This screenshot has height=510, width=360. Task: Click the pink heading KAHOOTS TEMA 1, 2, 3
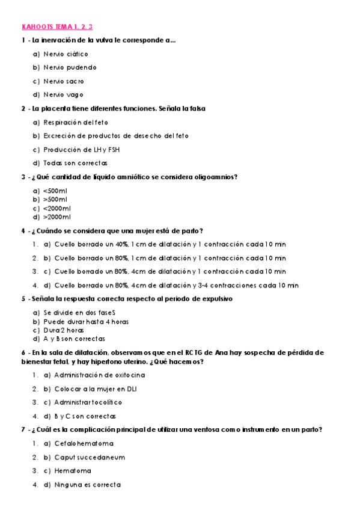pos(57,27)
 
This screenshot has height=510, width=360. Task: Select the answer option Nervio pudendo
pos(70,67)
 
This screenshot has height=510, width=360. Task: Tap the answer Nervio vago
pos(63,94)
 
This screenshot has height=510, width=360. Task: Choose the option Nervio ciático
pos(66,54)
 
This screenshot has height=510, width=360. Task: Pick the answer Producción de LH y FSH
pos(78,149)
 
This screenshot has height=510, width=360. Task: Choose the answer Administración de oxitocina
pos(99,375)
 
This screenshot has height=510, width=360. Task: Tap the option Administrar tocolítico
pos(88,402)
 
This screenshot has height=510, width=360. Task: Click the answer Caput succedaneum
pos(90,457)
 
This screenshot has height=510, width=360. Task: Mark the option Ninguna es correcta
pos(87,484)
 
